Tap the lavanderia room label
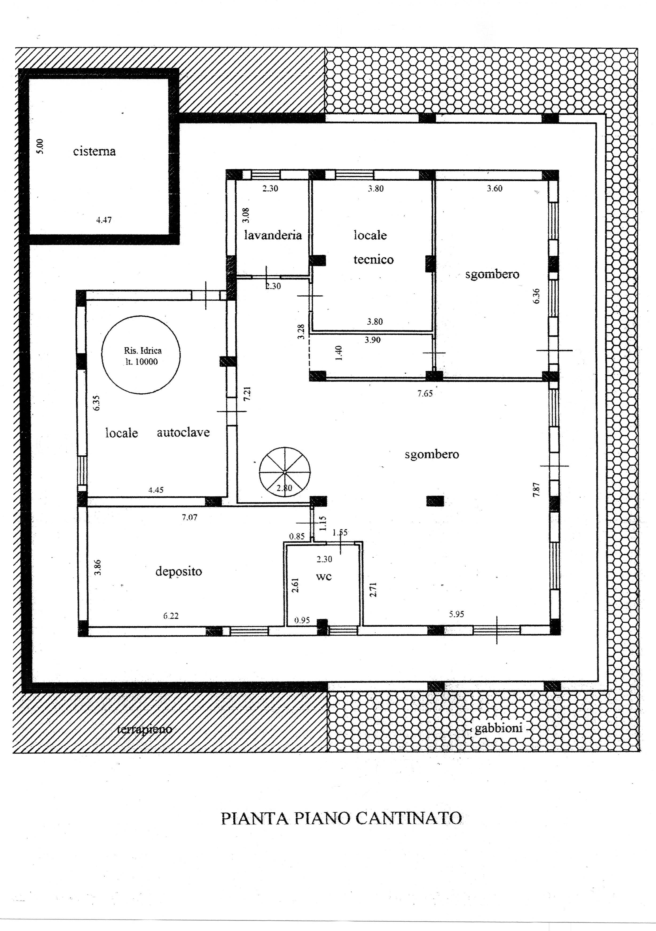273,235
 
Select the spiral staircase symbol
285,472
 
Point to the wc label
324,577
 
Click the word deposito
179,572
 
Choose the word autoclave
183,432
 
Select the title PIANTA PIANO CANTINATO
341,818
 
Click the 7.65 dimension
425,393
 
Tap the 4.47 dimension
104,220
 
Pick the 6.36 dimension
536,296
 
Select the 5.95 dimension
456,614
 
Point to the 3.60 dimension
494,189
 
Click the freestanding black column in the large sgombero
435,501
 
